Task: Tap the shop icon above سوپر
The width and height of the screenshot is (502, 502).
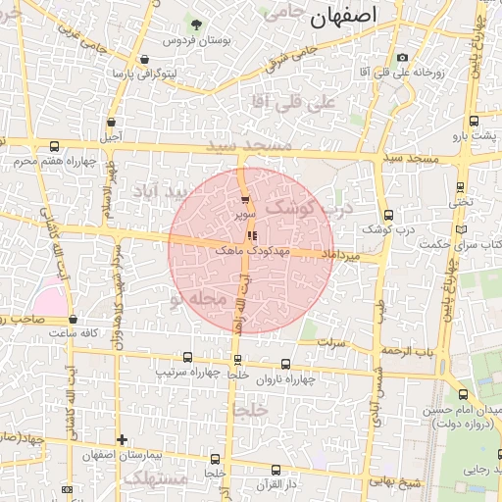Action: click(244, 200)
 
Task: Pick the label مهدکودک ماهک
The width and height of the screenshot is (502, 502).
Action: click(254, 251)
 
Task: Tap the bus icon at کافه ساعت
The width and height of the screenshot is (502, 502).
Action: click(74, 319)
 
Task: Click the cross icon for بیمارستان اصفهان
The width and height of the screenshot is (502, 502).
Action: click(122, 439)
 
